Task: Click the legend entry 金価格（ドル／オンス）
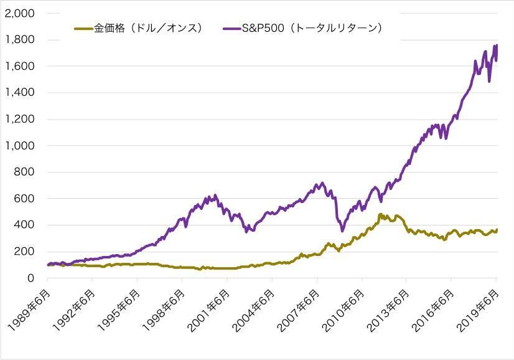[148, 29]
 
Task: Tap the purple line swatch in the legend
[230, 29]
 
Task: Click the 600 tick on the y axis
[26, 199]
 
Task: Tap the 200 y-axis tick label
[26, 252]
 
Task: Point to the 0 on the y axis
[30, 278]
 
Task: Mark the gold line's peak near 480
[380, 214]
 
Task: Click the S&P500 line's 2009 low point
[342, 230]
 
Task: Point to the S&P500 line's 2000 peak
[215, 195]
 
